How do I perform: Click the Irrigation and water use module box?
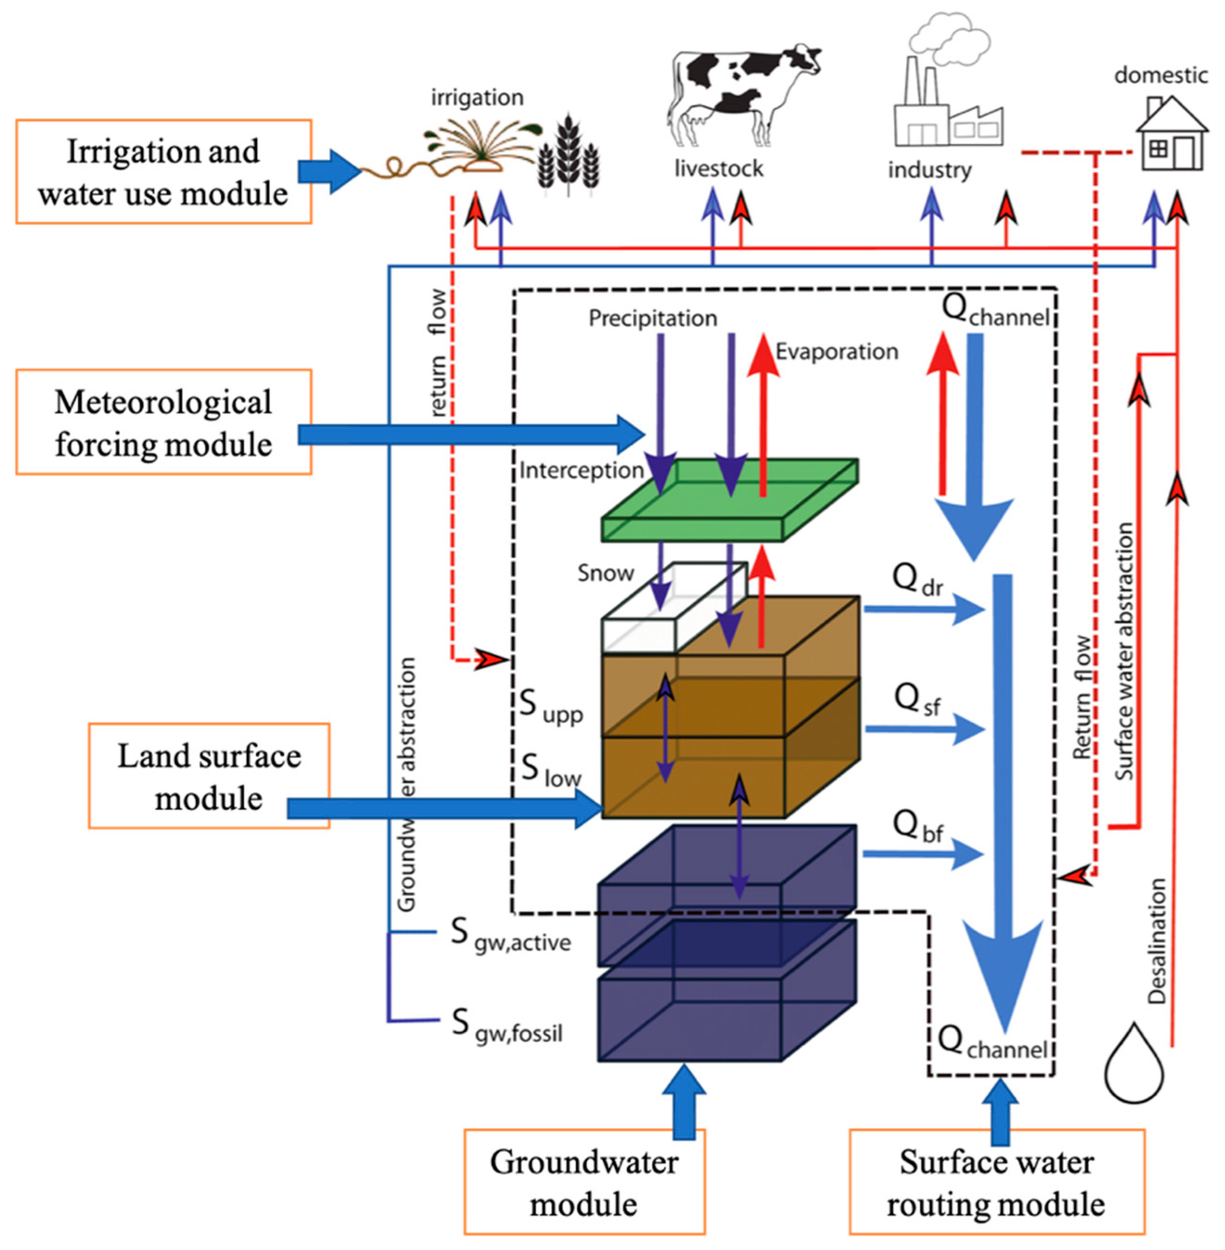pos(164,172)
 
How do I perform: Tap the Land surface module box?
pos(209,776)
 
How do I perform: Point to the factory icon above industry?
pos(946,109)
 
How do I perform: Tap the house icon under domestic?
pos(1171,135)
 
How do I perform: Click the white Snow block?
pos(669,611)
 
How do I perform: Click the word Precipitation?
pos(652,318)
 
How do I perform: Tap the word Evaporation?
pos(836,352)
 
